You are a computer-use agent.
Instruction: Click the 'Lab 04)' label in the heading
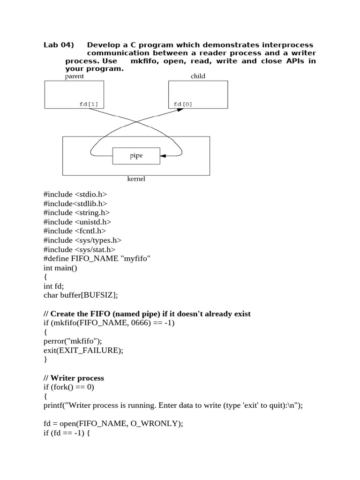click(x=59, y=45)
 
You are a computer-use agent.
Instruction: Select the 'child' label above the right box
click(x=198, y=76)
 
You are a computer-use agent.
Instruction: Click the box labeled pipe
click(x=136, y=156)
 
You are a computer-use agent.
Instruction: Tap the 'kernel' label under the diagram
click(x=136, y=179)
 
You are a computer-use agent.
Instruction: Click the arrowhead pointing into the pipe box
click(x=163, y=156)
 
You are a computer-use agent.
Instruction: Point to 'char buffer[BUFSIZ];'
click(x=80, y=295)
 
